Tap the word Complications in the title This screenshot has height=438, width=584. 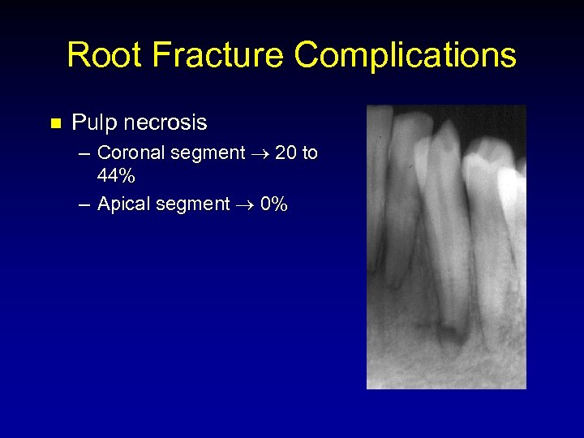[405, 55]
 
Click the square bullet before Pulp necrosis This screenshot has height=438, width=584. [55, 124]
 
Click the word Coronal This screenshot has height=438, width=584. [130, 152]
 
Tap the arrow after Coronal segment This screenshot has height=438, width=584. [260, 153]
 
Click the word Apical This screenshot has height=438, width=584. [122, 204]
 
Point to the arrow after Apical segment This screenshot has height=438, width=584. [246, 204]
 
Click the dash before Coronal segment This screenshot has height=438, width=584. [85, 153]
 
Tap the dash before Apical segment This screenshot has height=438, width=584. [85, 204]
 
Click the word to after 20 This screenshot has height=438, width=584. [310, 152]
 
